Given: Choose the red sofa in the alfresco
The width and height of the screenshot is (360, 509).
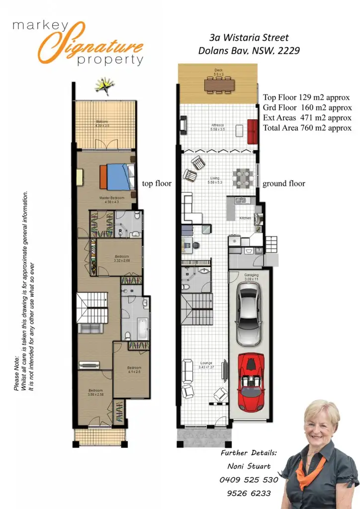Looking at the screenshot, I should [253, 130].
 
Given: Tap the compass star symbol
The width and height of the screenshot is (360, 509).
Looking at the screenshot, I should [105, 87].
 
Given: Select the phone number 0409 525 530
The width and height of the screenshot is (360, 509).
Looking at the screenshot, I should [249, 480].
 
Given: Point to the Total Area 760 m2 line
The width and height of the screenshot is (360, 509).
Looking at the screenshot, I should [307, 128].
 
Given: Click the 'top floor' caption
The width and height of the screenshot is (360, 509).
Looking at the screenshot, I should [157, 183].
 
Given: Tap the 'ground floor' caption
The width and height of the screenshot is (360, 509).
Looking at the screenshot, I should [283, 183].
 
